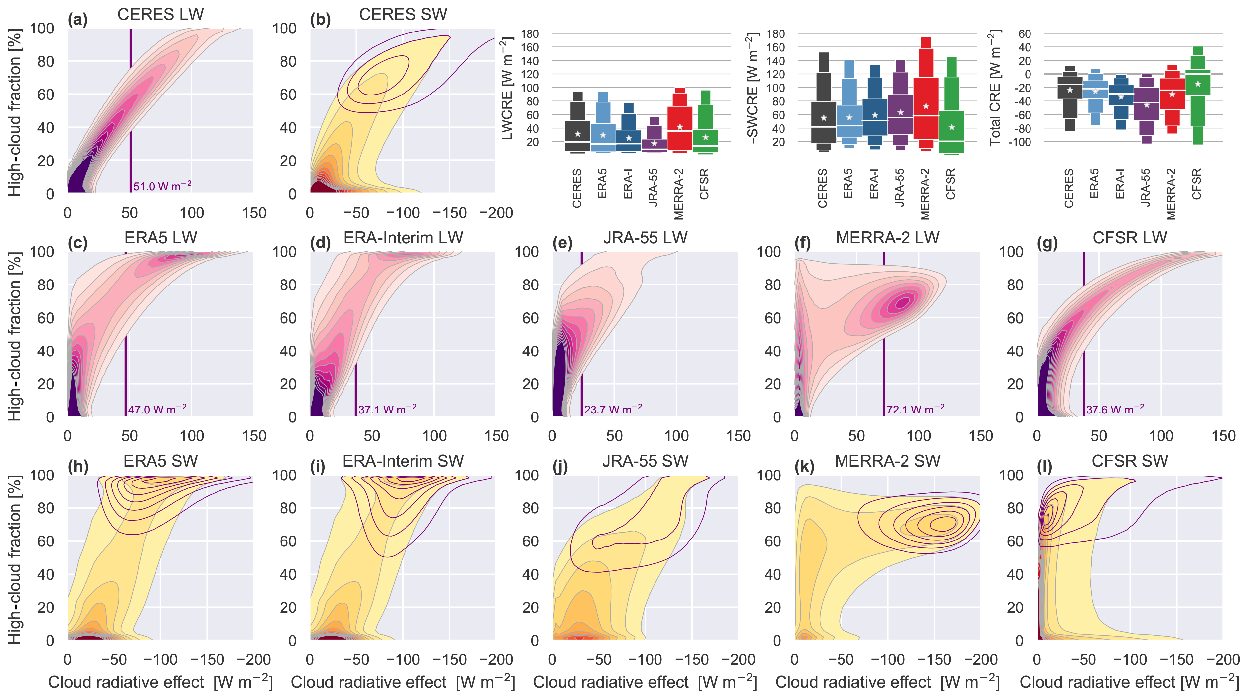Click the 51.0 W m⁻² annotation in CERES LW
click(x=162, y=186)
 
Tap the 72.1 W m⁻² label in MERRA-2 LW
click(x=915, y=409)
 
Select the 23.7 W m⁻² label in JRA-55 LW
click(x=613, y=409)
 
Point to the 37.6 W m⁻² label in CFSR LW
click(x=1115, y=409)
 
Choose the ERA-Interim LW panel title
click(x=403, y=238)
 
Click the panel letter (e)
click(x=562, y=243)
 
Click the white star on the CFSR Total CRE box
click(x=1198, y=84)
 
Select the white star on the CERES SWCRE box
click(x=824, y=118)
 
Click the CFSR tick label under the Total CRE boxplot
click(x=1196, y=184)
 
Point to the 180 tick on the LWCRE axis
click(x=530, y=34)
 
